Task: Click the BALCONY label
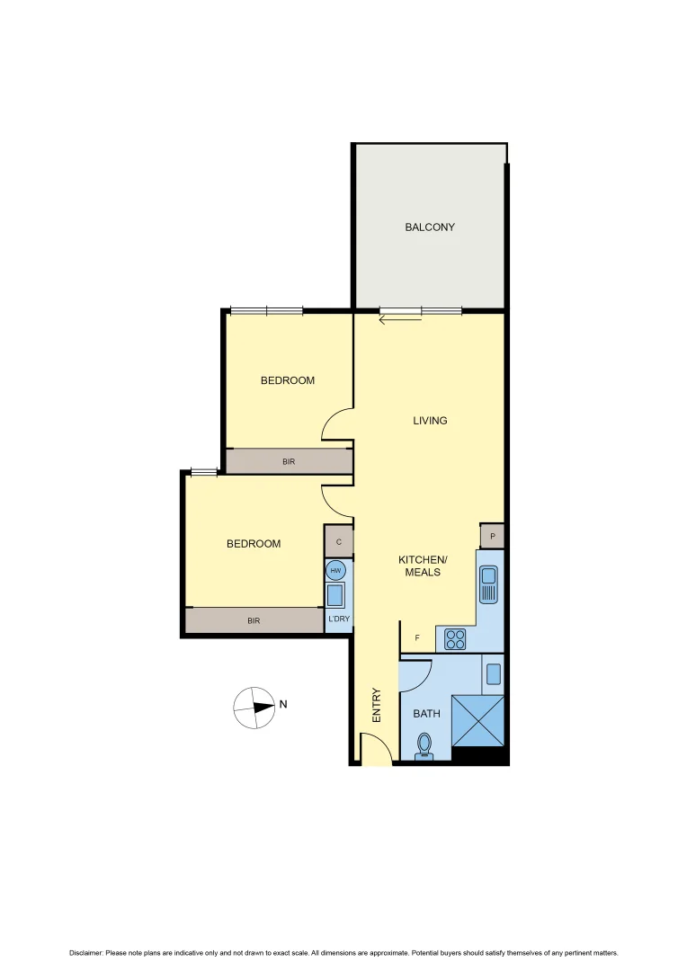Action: tap(430, 227)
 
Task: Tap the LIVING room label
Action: tap(430, 421)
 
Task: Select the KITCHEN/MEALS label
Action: tap(423, 566)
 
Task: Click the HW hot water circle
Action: tap(336, 571)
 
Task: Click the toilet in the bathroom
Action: tap(424, 744)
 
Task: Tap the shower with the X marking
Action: tap(478, 719)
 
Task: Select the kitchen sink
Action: tap(489, 584)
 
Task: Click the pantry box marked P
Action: tap(492, 536)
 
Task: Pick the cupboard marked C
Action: tap(338, 542)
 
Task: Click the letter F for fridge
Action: tap(417, 638)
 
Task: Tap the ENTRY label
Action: tap(377, 706)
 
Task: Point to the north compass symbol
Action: tap(255, 708)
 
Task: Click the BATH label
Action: tap(426, 714)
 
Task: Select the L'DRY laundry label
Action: tap(338, 619)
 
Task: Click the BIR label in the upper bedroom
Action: tap(289, 461)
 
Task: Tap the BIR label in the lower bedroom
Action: tap(254, 620)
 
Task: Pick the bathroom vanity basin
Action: tap(493, 672)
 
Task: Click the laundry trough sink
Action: tap(336, 595)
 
